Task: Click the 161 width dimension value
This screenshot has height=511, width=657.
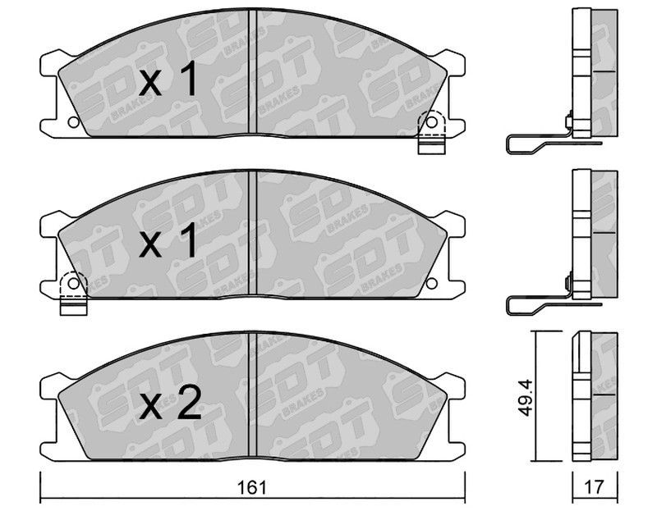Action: (x=252, y=487)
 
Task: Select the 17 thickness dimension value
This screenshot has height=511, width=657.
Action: (x=595, y=487)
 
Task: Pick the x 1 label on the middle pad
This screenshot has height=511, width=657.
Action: (x=168, y=240)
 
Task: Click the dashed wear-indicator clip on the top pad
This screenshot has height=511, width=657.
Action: (x=430, y=132)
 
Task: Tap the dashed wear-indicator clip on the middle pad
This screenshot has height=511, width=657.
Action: (x=73, y=293)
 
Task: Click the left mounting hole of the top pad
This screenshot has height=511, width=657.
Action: (x=73, y=122)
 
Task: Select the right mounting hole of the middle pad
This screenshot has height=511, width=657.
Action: (x=432, y=283)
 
